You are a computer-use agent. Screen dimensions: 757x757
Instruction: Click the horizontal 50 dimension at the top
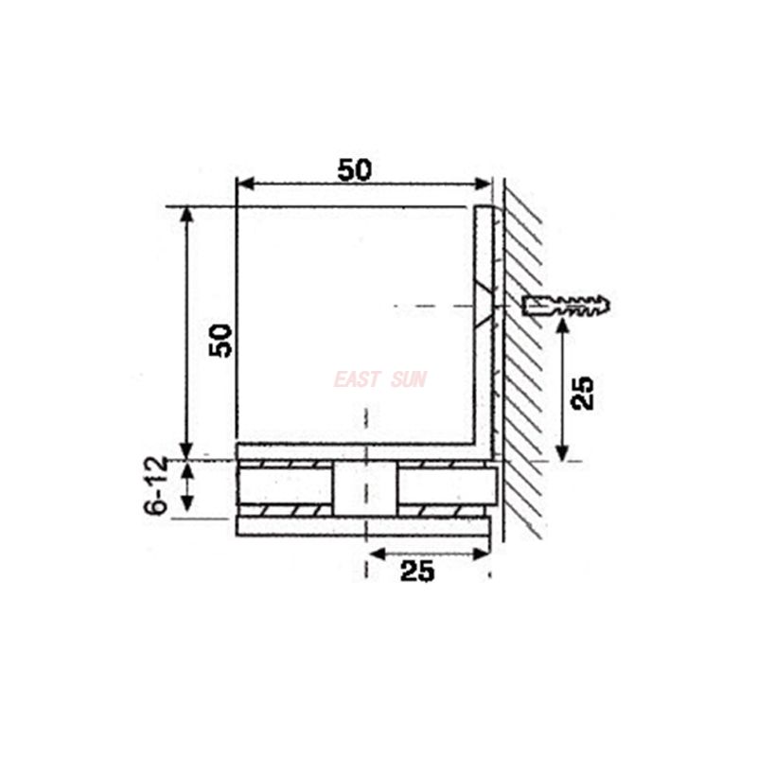[x=355, y=169]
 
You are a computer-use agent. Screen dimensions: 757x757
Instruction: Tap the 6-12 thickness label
[x=157, y=486]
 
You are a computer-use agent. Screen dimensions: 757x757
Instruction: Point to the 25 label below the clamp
[x=417, y=571]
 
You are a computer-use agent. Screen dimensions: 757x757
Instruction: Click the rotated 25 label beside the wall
[x=584, y=392]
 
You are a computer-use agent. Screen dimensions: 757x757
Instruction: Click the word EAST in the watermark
[x=356, y=379]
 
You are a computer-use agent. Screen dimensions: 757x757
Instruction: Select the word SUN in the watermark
[x=409, y=379]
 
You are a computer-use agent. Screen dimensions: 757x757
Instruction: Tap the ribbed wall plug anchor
[x=566, y=306]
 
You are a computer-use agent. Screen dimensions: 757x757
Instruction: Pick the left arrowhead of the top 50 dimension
[x=242, y=183]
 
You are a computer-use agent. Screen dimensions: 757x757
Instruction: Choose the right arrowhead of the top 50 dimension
[x=484, y=183]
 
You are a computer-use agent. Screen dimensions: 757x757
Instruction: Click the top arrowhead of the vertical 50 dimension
[x=187, y=214]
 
